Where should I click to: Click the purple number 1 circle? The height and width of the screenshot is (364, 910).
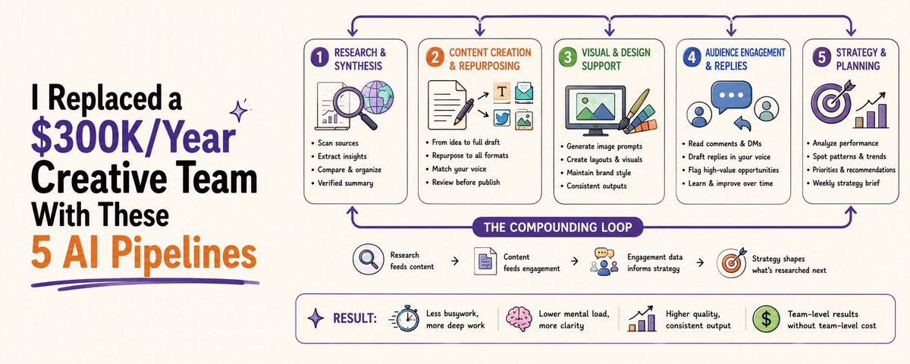pos(319,58)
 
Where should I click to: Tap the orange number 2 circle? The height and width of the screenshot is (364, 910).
pos(435,58)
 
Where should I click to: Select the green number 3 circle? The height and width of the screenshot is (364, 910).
pos(567,58)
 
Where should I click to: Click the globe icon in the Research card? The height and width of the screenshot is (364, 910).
pos(377,97)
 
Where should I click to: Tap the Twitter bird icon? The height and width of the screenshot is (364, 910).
pos(502,118)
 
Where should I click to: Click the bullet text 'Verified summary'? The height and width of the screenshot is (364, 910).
pos(345,184)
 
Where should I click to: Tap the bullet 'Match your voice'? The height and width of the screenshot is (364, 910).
pos(459,169)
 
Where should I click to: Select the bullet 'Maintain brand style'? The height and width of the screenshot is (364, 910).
pos(599,173)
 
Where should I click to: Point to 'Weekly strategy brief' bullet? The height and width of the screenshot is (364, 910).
pos(846,184)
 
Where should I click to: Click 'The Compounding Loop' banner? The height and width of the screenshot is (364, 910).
pos(558,227)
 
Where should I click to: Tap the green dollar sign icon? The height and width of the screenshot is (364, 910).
pos(766,319)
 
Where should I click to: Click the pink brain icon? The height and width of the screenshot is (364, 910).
pos(519,319)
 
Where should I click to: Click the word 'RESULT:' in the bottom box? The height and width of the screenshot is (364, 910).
pos(355,318)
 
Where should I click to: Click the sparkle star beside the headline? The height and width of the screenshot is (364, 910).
pos(239,111)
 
